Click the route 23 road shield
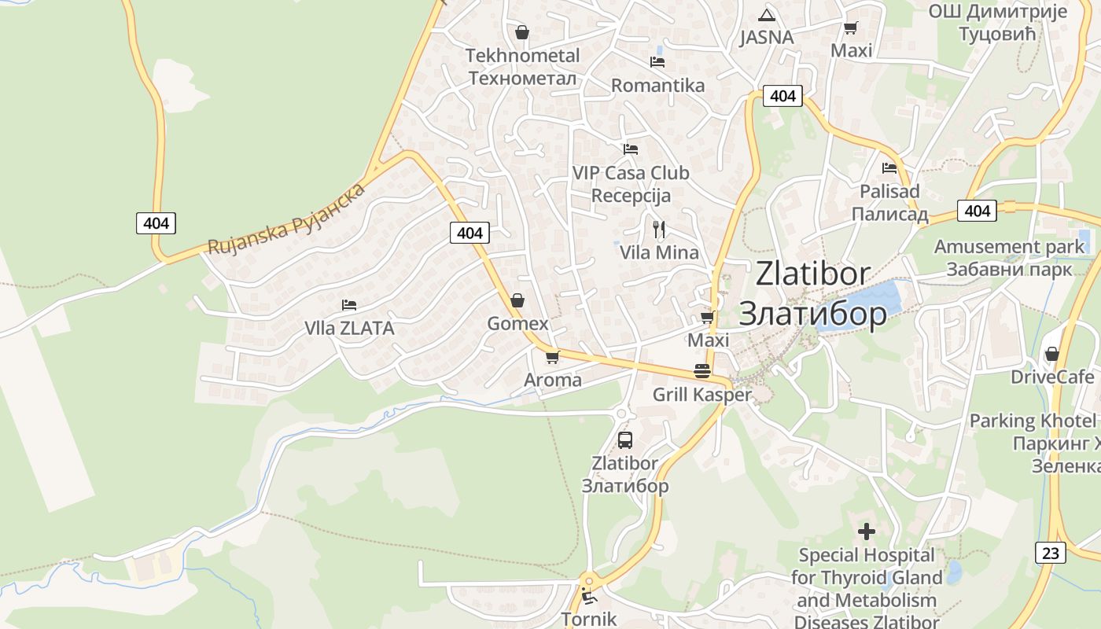tap(1051, 553)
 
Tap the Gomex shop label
tap(517, 324)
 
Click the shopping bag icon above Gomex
tap(517, 300)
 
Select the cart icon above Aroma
tap(552, 357)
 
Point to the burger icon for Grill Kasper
tap(702, 371)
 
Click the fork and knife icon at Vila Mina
tap(659, 230)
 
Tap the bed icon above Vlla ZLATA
tap(349, 304)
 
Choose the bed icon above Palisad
tap(889, 167)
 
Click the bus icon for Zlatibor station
tap(625, 440)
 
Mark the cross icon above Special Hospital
tap(866, 532)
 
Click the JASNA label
tap(767, 38)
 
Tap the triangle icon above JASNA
tap(767, 15)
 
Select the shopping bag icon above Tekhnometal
tap(521, 32)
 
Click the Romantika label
tap(657, 85)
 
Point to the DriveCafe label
tap(1052, 377)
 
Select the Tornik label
tap(589, 619)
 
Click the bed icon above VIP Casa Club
tap(630, 149)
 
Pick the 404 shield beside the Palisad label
tap(977, 211)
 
